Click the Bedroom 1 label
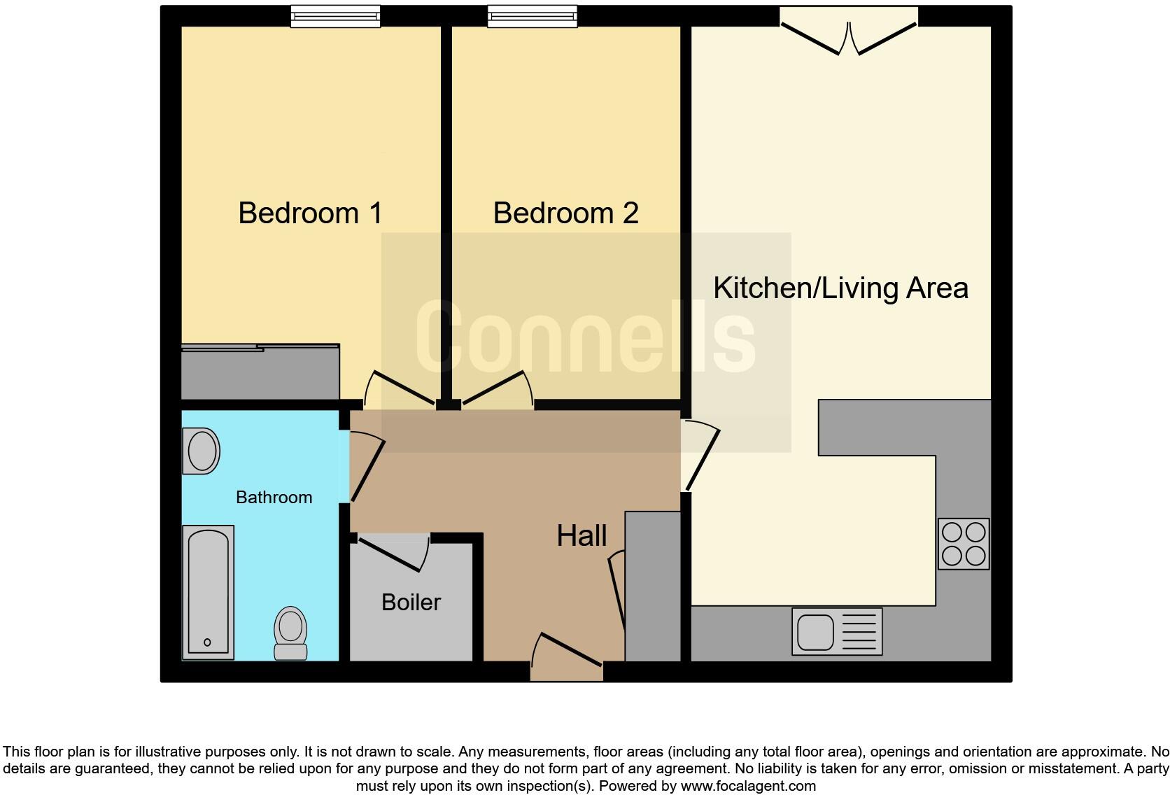pyautogui.click(x=310, y=213)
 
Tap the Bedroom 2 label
pyautogui.click(x=565, y=213)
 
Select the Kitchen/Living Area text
pyautogui.click(x=840, y=288)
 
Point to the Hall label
pyautogui.click(x=582, y=536)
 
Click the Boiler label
pyautogui.click(x=411, y=602)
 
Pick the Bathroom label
pyautogui.click(x=274, y=498)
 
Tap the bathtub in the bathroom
pyautogui.click(x=208, y=592)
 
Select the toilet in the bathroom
pyautogui.click(x=290, y=633)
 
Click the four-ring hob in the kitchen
pyautogui.click(x=964, y=544)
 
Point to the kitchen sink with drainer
pyautogui.click(x=837, y=631)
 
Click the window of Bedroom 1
pyautogui.click(x=335, y=16)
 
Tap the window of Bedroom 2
pyautogui.click(x=533, y=16)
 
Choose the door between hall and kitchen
pyautogui.click(x=701, y=455)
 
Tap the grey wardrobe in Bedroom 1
pyautogui.click(x=260, y=372)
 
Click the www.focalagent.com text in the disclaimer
pyautogui.click(x=747, y=786)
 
